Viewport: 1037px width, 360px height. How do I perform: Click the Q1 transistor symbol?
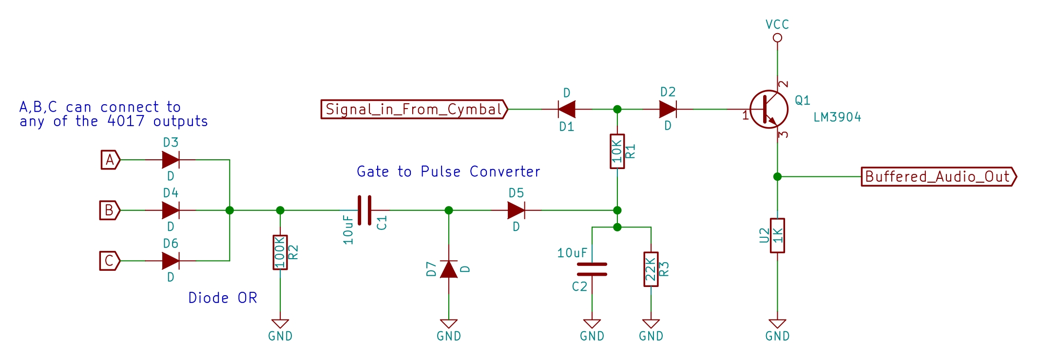pyautogui.click(x=768, y=109)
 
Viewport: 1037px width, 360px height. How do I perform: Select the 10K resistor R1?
pyautogui.click(x=617, y=152)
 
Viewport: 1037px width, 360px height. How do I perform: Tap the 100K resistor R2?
pyautogui.click(x=280, y=252)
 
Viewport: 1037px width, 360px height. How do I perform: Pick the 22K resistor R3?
pyautogui.click(x=651, y=269)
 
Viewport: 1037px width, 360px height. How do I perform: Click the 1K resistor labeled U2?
pyautogui.click(x=777, y=235)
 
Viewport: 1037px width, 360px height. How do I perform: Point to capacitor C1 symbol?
pyautogui.click(x=365, y=210)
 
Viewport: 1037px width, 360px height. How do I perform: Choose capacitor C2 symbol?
pyautogui.click(x=592, y=269)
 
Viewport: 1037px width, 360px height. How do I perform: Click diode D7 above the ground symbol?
pyautogui.click(x=449, y=269)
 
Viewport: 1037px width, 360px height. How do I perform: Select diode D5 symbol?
pyautogui.click(x=516, y=210)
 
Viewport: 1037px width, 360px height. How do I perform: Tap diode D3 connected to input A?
pyautogui.click(x=171, y=159)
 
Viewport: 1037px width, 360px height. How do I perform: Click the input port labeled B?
pyautogui.click(x=110, y=210)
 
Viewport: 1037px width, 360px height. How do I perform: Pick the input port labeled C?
pyautogui.click(x=110, y=261)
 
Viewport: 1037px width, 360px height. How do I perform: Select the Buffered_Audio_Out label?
pyautogui.click(x=938, y=176)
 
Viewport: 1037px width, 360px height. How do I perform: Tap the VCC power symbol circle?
pyautogui.click(x=777, y=38)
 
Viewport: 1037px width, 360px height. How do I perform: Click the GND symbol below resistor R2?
pyautogui.click(x=280, y=324)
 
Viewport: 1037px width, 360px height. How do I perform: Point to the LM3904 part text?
pyautogui.click(x=837, y=117)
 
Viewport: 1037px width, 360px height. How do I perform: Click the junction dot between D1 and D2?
pyautogui.click(x=617, y=109)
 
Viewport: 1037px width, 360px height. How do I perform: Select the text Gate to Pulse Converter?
pyautogui.click(x=448, y=171)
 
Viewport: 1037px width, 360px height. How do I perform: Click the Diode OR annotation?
pyautogui.click(x=223, y=298)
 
